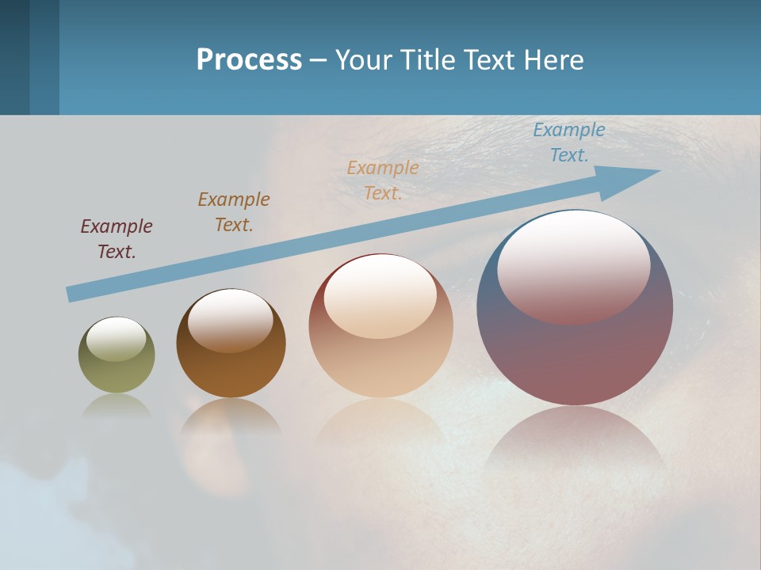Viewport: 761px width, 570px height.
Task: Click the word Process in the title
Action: [249, 60]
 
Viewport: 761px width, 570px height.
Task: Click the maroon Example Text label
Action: [117, 239]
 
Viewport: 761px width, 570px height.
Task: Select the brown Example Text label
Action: [234, 212]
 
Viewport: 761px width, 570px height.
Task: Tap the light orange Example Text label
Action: [383, 180]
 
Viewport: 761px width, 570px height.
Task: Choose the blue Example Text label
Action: [569, 142]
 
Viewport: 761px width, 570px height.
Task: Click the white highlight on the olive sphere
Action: [117, 339]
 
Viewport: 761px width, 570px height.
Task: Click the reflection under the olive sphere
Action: [117, 405]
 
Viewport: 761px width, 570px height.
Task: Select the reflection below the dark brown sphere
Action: [231, 416]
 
